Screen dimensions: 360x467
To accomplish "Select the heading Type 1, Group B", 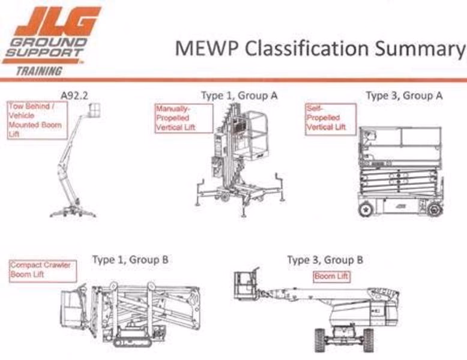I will pyautogui.click(x=130, y=260).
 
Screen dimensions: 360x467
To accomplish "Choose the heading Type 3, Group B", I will pyautogui.click(x=325, y=260).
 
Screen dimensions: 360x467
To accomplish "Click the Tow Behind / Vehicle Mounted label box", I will pyautogui.click(x=37, y=121).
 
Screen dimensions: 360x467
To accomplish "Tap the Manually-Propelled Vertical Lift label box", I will pyautogui.click(x=184, y=118).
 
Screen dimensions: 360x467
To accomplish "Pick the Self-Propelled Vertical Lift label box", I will pyautogui.click(x=330, y=118).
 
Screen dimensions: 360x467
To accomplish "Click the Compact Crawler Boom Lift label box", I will pyautogui.click(x=43, y=271).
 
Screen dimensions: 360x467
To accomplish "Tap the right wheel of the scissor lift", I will pyautogui.click(x=434, y=209).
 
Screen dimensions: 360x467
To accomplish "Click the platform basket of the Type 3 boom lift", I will pyautogui.click(x=246, y=286).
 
